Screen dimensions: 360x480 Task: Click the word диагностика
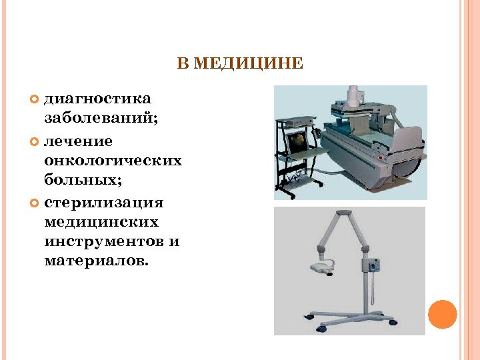click(97, 99)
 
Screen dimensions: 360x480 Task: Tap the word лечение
click(78, 141)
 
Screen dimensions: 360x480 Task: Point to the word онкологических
click(113, 161)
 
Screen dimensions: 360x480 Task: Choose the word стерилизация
click(103, 202)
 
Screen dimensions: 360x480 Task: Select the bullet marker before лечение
click(36, 141)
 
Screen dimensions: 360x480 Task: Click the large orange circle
click(442, 314)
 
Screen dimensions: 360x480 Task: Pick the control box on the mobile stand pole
click(370, 265)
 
